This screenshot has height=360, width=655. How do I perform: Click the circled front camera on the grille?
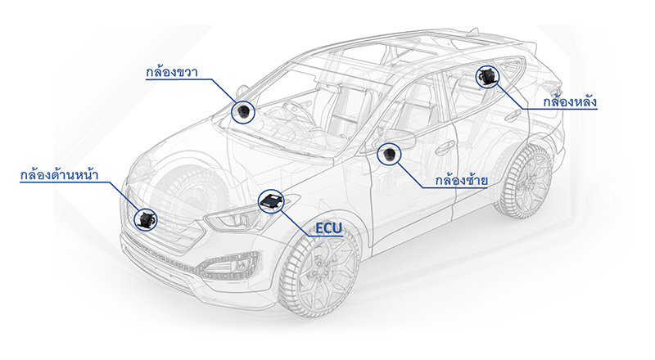coord(147,218)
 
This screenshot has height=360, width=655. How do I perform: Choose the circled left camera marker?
coord(388,154)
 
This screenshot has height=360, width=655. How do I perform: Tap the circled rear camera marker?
coord(486,78)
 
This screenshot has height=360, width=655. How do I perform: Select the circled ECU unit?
coord(271,201)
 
